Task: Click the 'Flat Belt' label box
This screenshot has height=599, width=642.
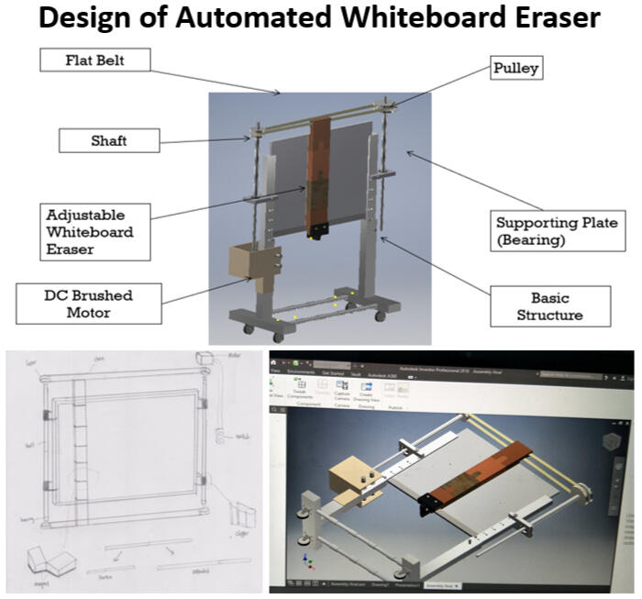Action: pos(95,61)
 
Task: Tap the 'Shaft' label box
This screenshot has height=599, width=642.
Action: pos(109,140)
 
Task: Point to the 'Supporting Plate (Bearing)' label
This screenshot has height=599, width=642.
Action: pos(557,231)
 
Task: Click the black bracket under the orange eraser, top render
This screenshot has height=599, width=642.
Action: pos(318,229)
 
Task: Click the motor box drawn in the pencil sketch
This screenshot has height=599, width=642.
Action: pos(205,356)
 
